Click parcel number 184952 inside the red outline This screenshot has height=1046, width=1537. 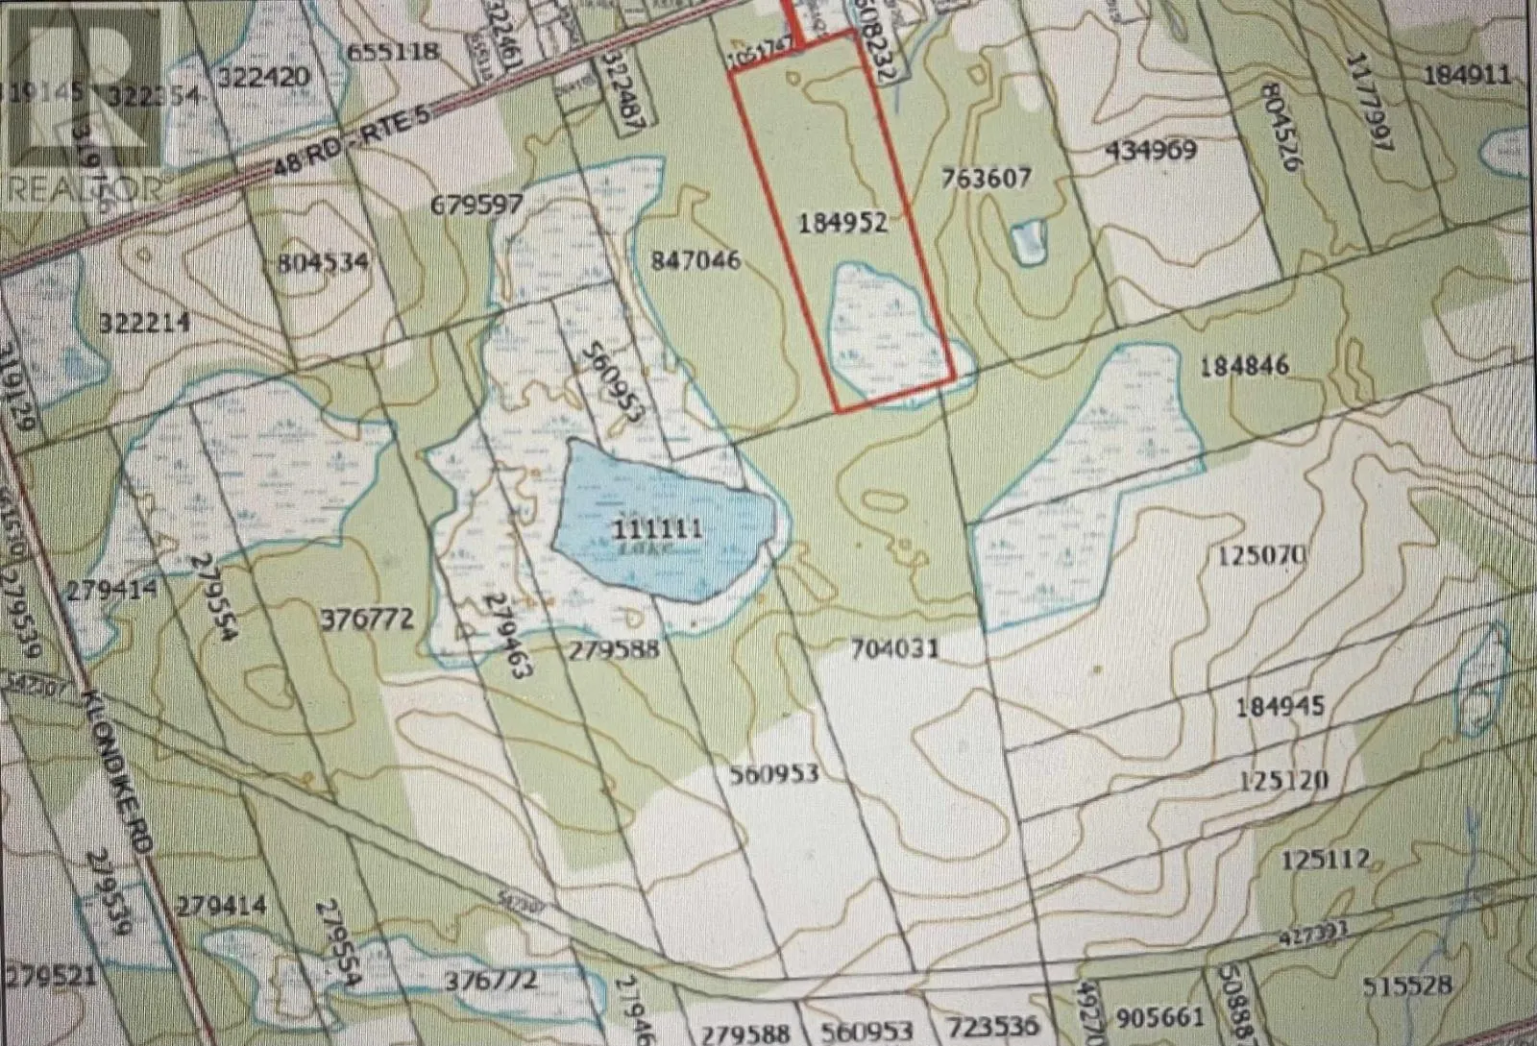(x=842, y=224)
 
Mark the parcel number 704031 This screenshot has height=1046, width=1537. (x=893, y=649)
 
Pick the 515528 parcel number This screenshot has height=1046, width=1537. (x=1405, y=985)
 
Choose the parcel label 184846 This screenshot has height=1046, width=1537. (x=1244, y=366)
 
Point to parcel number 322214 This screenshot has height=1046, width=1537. (x=144, y=324)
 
